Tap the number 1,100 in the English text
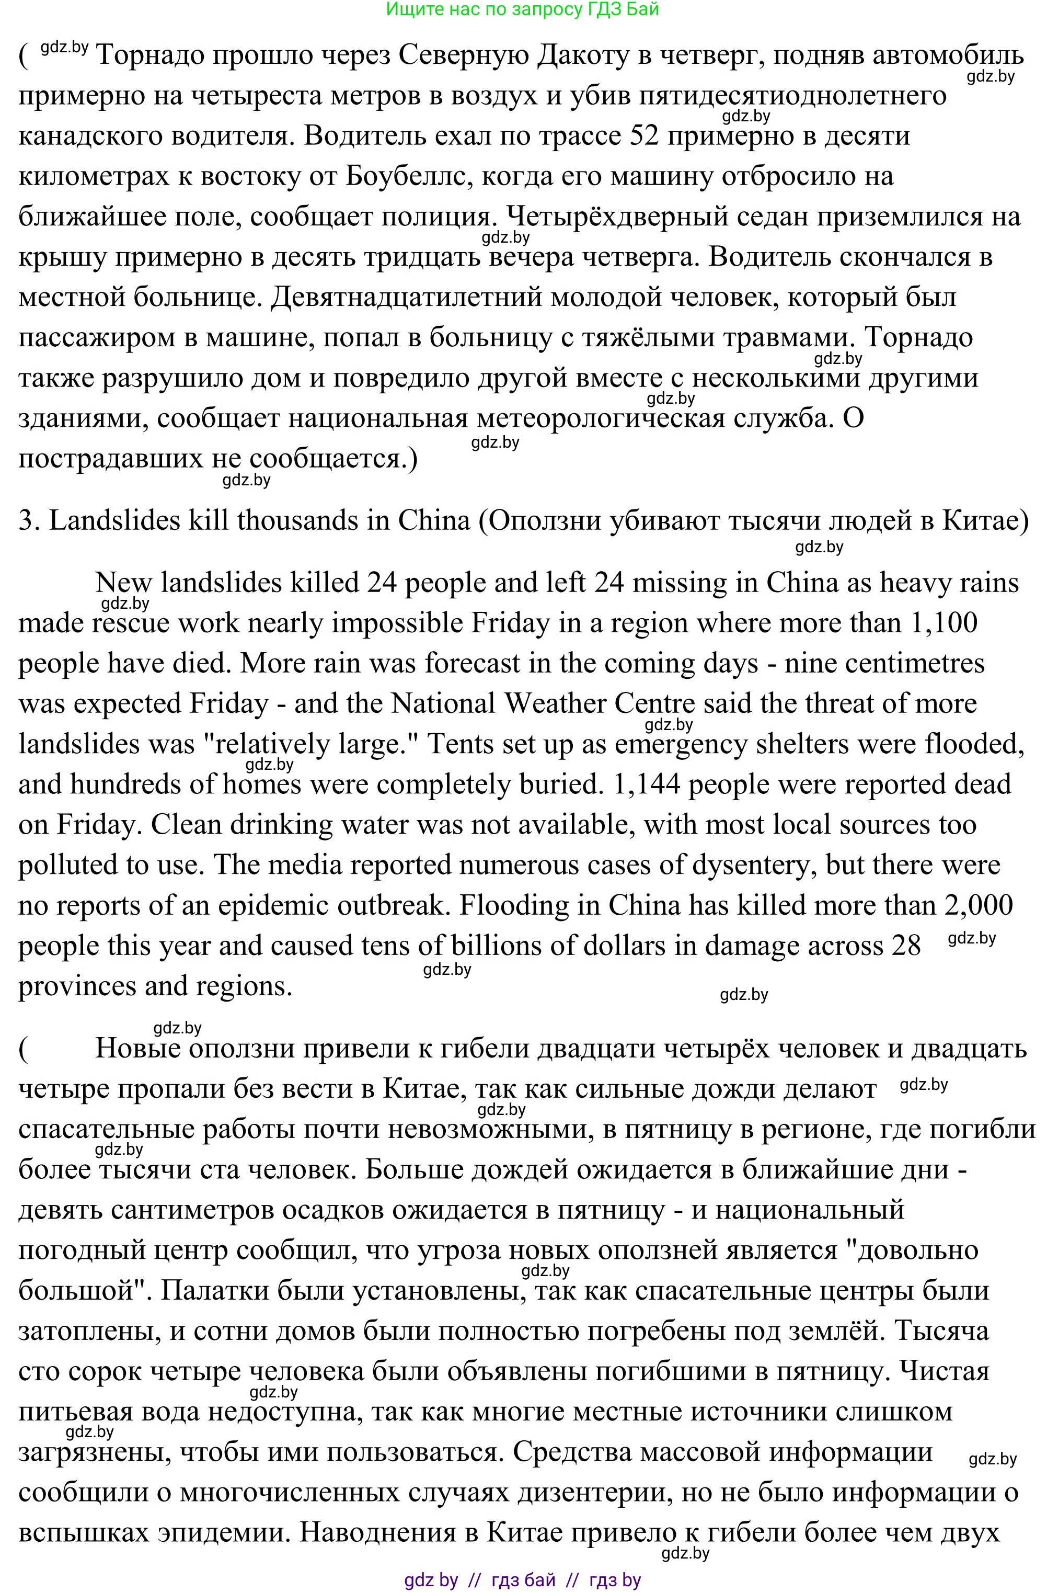tap(944, 623)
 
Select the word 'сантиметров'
tap(199, 1209)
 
